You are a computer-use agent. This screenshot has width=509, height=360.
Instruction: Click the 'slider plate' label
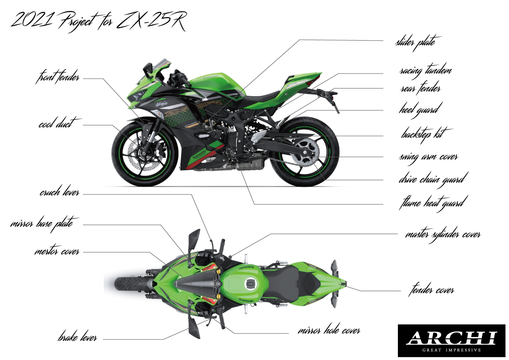point(415,42)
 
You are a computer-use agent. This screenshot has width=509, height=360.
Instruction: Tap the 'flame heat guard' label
point(432,201)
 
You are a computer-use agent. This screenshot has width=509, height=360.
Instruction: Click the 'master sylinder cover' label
point(443,234)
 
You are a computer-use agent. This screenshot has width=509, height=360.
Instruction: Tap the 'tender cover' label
point(431,290)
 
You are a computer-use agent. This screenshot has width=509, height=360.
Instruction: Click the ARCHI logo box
point(451,340)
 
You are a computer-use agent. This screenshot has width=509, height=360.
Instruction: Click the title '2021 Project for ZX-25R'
point(98,21)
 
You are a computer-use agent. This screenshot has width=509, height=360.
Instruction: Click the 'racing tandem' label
point(425,70)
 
